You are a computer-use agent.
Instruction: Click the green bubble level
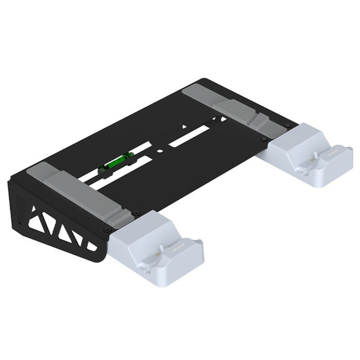pos(116,162)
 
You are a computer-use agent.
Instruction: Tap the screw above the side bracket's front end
pos(106,230)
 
